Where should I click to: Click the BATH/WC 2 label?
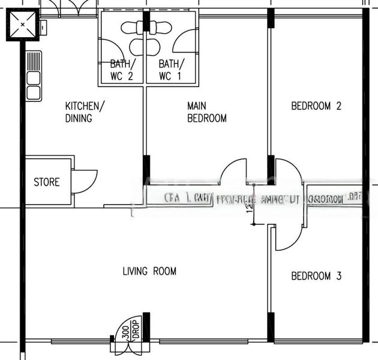pyautogui.click(x=122, y=70)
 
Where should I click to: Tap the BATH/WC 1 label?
pyautogui.click(x=172, y=70)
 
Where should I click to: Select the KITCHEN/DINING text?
pyautogui.click(x=85, y=112)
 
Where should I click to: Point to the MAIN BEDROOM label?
pyautogui.click(x=206, y=112)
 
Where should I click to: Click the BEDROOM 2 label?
pyautogui.click(x=316, y=106)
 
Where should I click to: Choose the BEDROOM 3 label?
pyautogui.click(x=316, y=276)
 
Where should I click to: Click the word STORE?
pyautogui.click(x=46, y=182)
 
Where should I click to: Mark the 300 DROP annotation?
pyautogui.click(x=130, y=329)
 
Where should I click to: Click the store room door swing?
pyautogui.click(x=84, y=181)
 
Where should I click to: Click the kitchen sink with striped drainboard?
pyautogui.click(x=34, y=76)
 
